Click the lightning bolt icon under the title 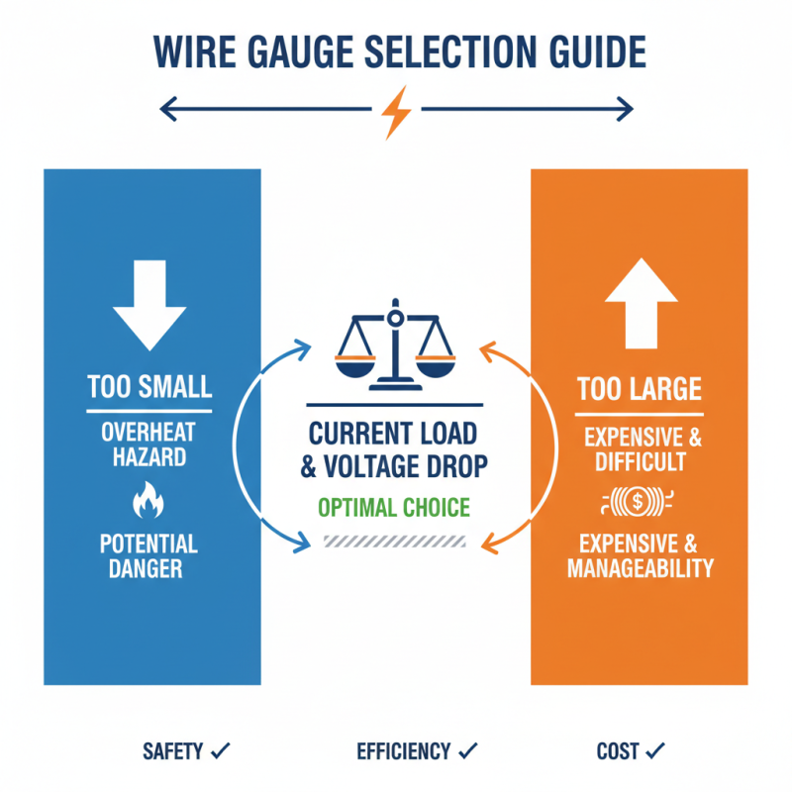click(x=396, y=111)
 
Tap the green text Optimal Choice click(x=395, y=508)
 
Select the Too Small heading click(x=149, y=386)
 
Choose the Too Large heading click(x=640, y=387)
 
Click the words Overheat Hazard click(x=149, y=445)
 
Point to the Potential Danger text click(x=149, y=556)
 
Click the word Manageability click(x=640, y=568)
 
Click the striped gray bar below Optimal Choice click(x=394, y=541)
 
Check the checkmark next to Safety click(x=221, y=751)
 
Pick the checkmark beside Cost click(x=656, y=751)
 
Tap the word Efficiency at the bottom click(x=403, y=752)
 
